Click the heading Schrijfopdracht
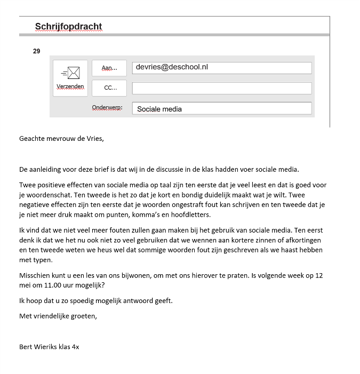tap(68, 26)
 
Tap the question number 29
tap(37, 52)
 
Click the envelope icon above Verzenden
tap(70, 73)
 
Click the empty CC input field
tap(221, 88)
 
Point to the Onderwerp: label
tap(107, 108)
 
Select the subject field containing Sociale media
tap(221, 108)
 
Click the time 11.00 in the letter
tap(54, 285)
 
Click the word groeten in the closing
tap(84, 315)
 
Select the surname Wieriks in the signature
tap(47, 346)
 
